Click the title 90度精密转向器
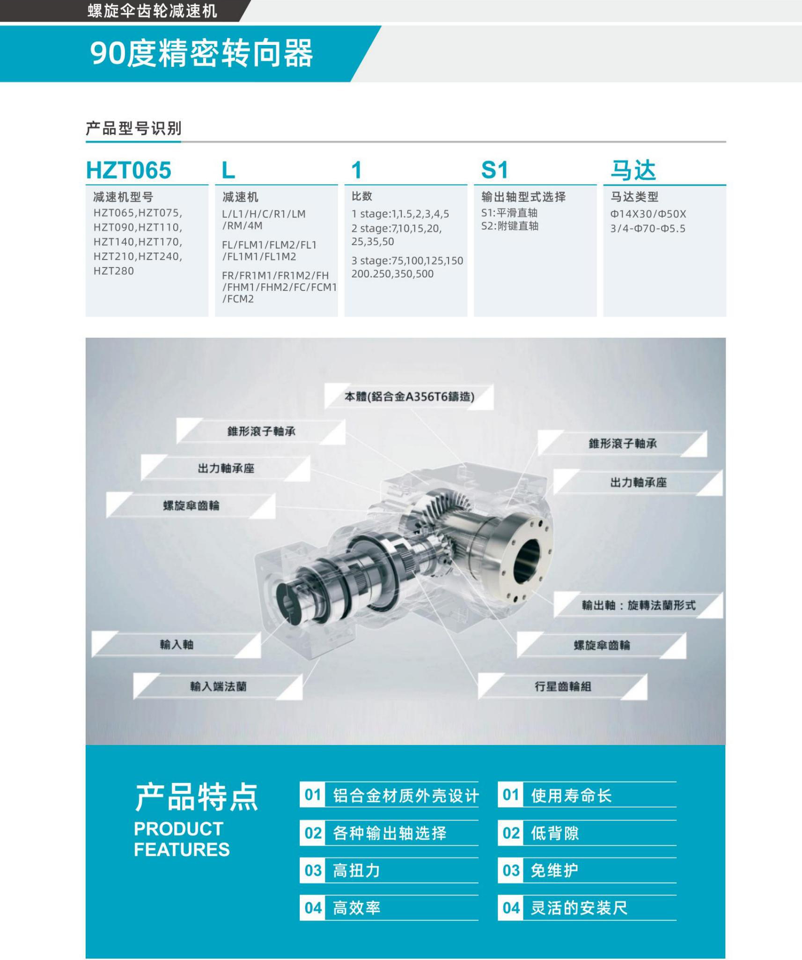coord(201,53)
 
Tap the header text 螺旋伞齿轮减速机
coord(153,11)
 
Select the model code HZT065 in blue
coord(129,170)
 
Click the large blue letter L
coord(228,170)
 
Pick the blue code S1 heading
coord(494,170)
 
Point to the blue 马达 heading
coord(633,170)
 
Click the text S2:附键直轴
coord(510,226)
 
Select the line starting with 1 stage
coord(400,214)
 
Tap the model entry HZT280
coord(114,271)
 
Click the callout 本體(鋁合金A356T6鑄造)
coord(409,397)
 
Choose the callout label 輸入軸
coord(177,644)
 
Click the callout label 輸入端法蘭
coord(218,686)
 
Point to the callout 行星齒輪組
coord(563,686)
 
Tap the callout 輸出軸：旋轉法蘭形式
coord(639,605)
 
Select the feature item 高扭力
coord(356,871)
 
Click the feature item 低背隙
coord(555,833)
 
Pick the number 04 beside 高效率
coord(313,908)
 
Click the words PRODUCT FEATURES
coord(182,839)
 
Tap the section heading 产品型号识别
coord(133,128)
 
